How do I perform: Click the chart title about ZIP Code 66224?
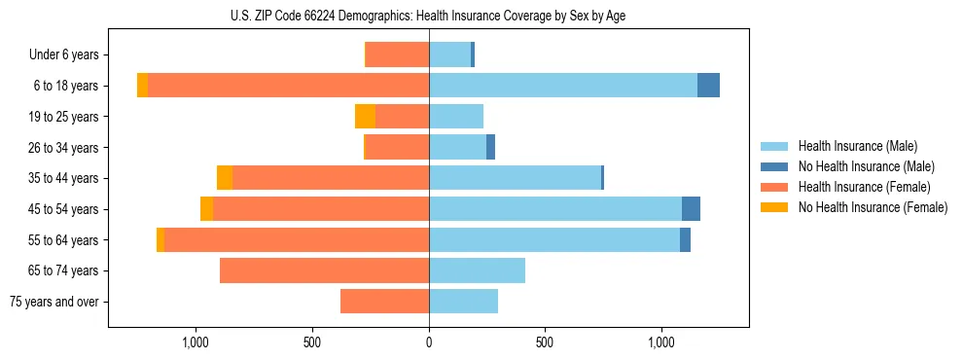[428, 16]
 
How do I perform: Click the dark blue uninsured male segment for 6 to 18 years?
[708, 86]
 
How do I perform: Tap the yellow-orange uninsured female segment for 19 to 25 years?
[365, 117]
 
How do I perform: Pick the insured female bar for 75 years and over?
[384, 302]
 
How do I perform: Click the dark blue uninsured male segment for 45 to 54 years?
[691, 209]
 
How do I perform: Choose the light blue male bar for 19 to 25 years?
[456, 117]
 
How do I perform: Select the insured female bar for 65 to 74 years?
[324, 270]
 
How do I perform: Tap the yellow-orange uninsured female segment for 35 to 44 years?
[225, 178]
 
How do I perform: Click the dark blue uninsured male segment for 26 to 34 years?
[490, 147]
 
